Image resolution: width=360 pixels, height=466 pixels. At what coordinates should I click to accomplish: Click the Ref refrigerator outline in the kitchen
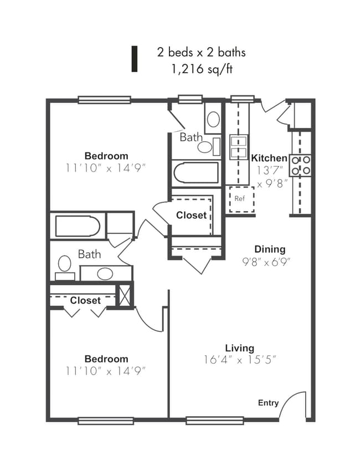(x=242, y=199)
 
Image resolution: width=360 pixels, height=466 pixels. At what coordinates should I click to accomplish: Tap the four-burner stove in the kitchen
(x=301, y=165)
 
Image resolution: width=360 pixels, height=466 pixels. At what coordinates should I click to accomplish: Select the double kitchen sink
(x=238, y=147)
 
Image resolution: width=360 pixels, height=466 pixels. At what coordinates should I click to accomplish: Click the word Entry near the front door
(x=268, y=403)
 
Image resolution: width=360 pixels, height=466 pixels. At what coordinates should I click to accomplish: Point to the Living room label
(x=239, y=348)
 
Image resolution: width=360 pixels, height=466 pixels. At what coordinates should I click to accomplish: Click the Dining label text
(x=270, y=249)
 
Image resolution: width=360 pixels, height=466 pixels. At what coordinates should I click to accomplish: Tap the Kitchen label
(x=269, y=158)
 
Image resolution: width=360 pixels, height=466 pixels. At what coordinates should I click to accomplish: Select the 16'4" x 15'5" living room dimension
(x=240, y=360)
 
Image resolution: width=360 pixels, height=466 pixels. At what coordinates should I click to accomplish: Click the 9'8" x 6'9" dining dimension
(x=266, y=262)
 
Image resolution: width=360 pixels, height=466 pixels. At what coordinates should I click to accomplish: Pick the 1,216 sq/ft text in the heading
(x=201, y=69)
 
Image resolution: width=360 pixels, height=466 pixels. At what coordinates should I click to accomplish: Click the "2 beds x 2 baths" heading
(x=202, y=53)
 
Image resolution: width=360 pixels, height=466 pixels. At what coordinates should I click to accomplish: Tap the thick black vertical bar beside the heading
(x=134, y=59)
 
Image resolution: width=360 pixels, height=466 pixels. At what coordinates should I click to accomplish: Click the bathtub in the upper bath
(x=196, y=173)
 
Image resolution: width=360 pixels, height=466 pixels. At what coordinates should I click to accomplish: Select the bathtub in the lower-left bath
(x=78, y=227)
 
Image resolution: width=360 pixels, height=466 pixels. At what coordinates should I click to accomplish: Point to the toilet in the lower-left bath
(x=65, y=268)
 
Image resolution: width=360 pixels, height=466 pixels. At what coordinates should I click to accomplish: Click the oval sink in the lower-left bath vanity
(x=105, y=274)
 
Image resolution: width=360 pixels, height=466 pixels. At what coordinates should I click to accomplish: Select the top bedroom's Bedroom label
(x=106, y=156)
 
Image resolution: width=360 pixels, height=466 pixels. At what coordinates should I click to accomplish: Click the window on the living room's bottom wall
(x=215, y=420)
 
